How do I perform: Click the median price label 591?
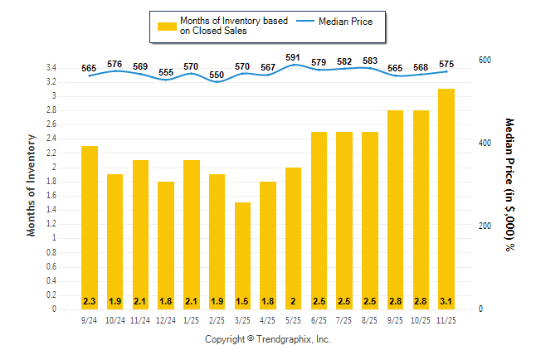293,57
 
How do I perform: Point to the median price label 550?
217,75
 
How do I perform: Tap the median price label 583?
370,61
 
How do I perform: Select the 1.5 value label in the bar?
242,300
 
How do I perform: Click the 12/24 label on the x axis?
166,319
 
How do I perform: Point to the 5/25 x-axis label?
293,319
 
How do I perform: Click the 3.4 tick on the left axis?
51,67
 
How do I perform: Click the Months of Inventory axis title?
32,185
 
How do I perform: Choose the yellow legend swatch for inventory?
168,26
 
